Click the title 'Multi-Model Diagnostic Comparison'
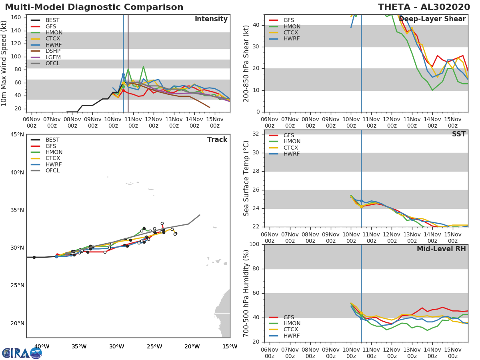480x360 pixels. coord(94,7)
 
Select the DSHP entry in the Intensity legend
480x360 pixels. coord(53,51)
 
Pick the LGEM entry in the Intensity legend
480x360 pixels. coord(53,57)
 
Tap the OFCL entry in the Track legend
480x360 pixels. coord(53,171)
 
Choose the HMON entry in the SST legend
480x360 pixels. coord(292,142)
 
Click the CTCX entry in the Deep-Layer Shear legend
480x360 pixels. coord(291,33)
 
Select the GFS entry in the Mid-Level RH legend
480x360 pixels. coord(288,317)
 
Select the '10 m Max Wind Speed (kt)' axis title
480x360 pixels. coord(4,63)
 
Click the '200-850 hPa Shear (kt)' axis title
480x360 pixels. coord(247,63)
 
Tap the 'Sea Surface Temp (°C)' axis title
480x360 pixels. coord(247,178)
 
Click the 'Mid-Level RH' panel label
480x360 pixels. coord(441,249)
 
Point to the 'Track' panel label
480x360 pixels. coord(217,140)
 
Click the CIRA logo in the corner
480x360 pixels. coord(22,353)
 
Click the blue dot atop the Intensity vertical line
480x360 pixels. coord(123,75)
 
